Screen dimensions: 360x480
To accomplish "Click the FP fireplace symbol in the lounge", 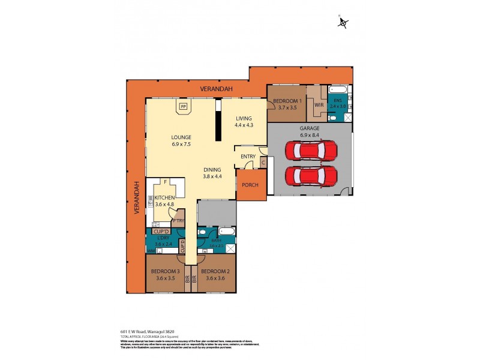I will tap(183, 107).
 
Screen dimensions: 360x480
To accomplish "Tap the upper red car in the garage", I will tap(311, 150).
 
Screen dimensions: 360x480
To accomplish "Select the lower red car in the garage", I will tap(311, 176).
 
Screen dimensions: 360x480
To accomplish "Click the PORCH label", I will tap(250, 185).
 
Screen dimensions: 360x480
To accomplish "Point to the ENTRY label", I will tap(248, 157).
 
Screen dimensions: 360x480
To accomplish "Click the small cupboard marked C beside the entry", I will tap(263, 161).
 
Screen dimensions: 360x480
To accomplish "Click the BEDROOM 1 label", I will tap(287, 104).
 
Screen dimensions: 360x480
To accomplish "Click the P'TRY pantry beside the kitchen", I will tap(178, 220).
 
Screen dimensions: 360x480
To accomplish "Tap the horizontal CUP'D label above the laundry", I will tap(161, 231).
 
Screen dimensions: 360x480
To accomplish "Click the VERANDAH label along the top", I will tap(214, 89).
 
